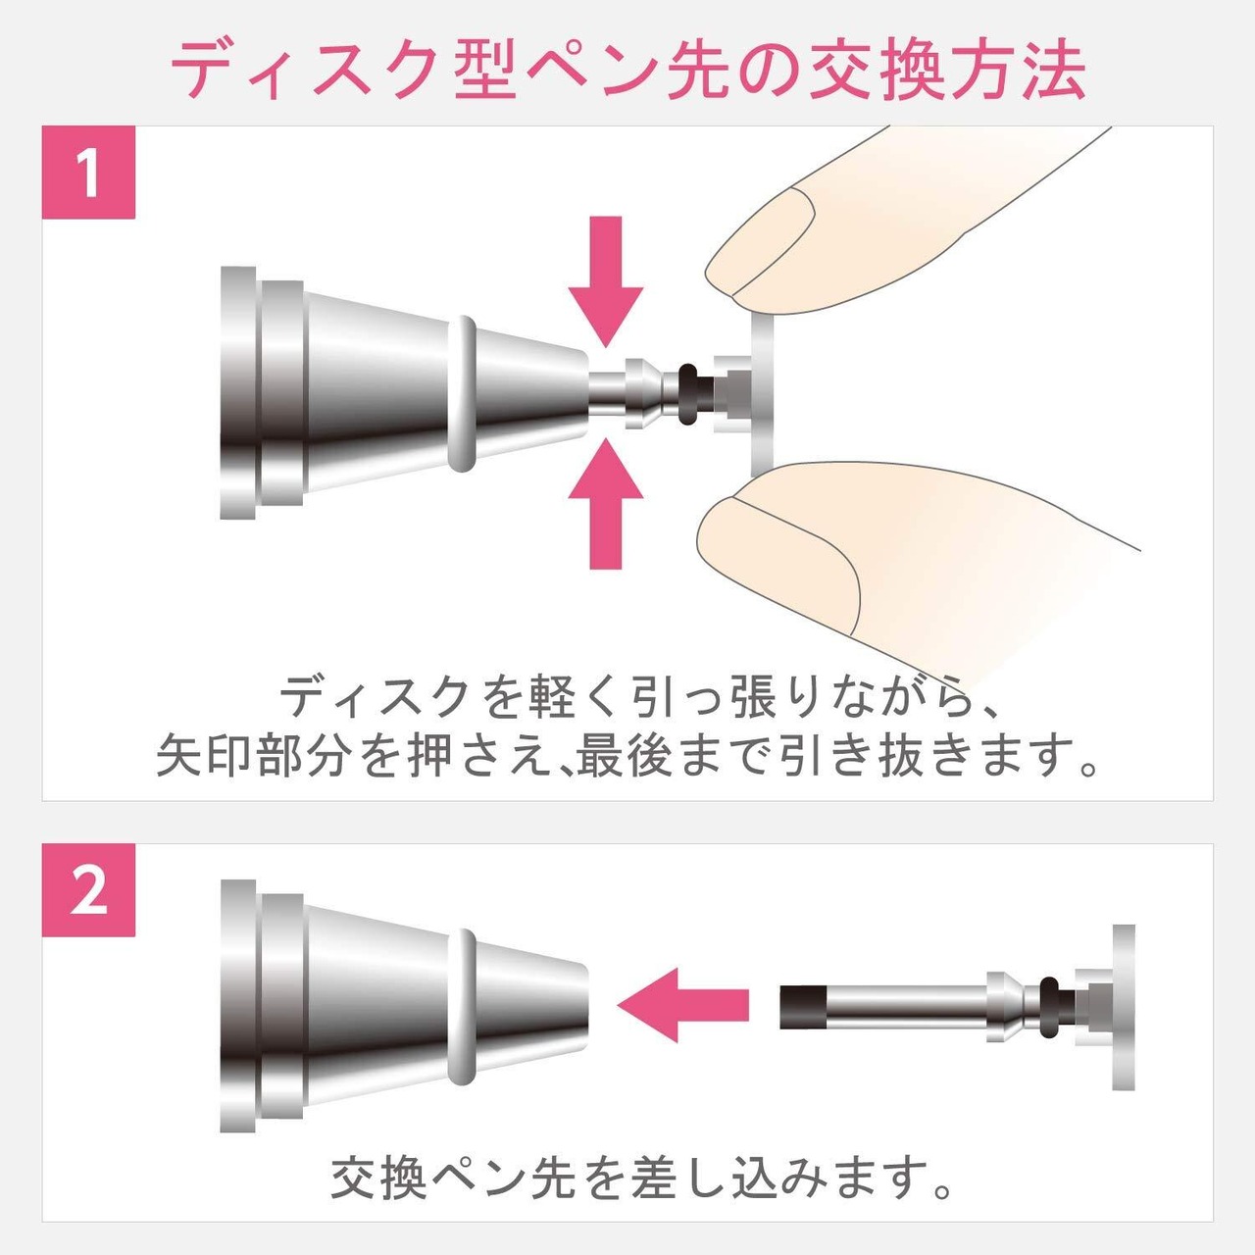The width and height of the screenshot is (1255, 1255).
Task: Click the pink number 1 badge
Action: [88, 173]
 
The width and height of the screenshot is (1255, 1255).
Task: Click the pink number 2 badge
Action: [88, 890]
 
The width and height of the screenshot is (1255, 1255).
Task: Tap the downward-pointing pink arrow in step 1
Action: [606, 281]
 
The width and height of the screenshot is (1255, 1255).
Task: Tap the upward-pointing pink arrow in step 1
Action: [606, 503]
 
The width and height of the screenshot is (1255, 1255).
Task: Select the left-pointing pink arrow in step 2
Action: [682, 1024]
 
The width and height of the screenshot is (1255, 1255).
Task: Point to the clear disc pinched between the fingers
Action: [762, 395]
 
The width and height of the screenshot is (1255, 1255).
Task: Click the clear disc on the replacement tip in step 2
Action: [1123, 1016]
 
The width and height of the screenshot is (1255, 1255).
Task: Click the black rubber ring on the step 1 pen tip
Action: [686, 395]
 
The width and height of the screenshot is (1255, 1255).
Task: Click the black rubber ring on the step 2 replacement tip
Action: [1048, 1017]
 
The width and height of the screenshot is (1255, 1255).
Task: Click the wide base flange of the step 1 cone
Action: [237, 393]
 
